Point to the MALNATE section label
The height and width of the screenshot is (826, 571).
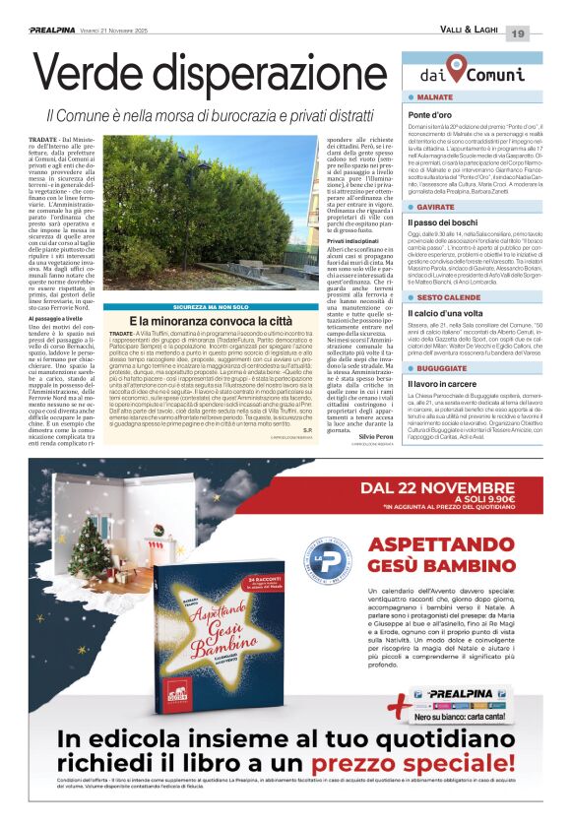click(x=435, y=98)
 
